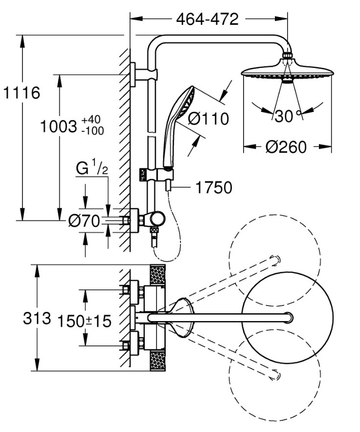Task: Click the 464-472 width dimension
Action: (207, 19)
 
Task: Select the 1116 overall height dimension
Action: (21, 92)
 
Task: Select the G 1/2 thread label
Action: (92, 169)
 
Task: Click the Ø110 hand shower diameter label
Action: (208, 119)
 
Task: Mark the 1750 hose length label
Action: (214, 187)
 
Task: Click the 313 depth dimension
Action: (37, 319)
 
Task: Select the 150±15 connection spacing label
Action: (85, 321)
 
